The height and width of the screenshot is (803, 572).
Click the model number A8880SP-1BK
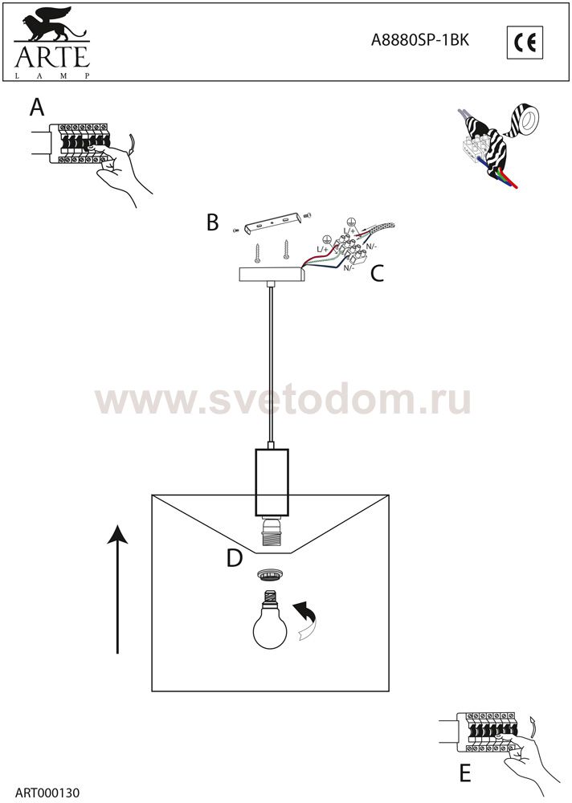click(x=420, y=40)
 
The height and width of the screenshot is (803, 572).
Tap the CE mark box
click(x=525, y=43)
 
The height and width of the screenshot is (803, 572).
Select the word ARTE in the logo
click(x=51, y=57)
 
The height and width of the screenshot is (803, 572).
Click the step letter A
click(x=37, y=108)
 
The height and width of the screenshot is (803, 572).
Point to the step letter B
click(x=212, y=222)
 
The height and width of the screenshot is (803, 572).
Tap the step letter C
click(x=377, y=274)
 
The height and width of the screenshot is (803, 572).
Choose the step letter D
click(x=235, y=558)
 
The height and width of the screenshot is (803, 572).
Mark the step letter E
click(x=465, y=772)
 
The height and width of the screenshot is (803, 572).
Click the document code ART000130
click(x=47, y=793)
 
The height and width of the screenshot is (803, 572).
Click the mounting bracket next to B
click(x=271, y=225)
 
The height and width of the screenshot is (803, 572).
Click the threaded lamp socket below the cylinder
click(x=272, y=534)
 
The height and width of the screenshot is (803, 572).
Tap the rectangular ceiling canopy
click(x=272, y=275)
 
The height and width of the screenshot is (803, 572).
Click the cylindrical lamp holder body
click(x=272, y=483)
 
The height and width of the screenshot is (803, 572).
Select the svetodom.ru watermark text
click(x=283, y=398)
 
